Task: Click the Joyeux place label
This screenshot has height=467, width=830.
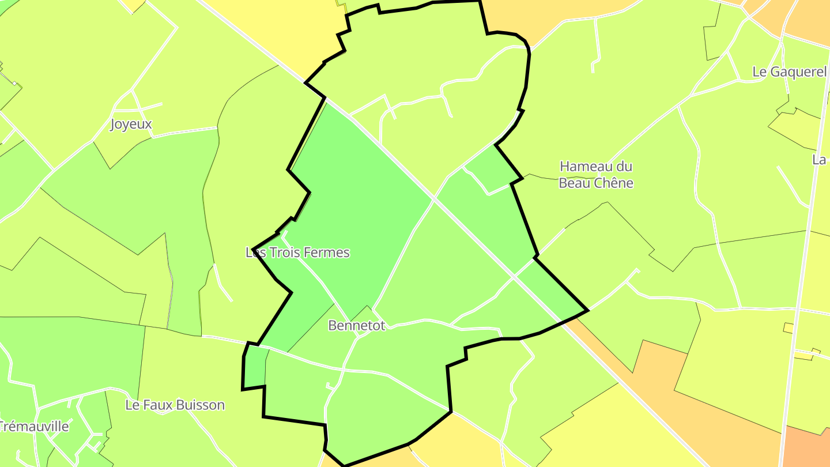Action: [x=131, y=124]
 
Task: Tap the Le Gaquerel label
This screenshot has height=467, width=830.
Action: [x=789, y=72]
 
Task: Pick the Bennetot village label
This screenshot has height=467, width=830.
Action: [x=356, y=325]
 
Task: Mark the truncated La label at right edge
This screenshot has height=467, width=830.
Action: [x=820, y=160]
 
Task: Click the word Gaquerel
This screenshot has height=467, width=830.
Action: [x=798, y=72]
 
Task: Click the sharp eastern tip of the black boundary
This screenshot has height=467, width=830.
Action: [x=587, y=311]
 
